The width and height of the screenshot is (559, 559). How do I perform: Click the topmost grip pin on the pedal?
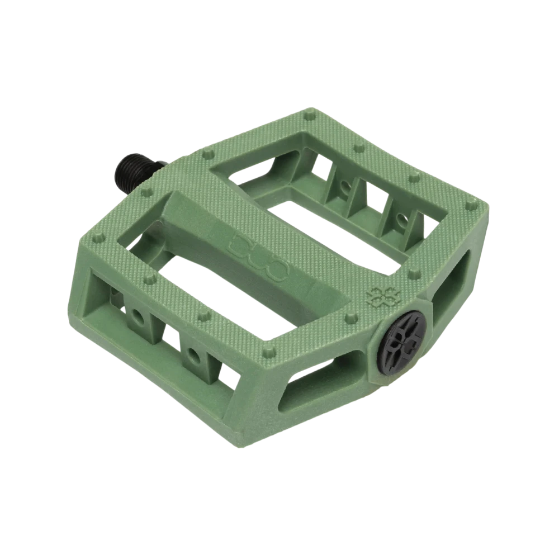tap(308, 116)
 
